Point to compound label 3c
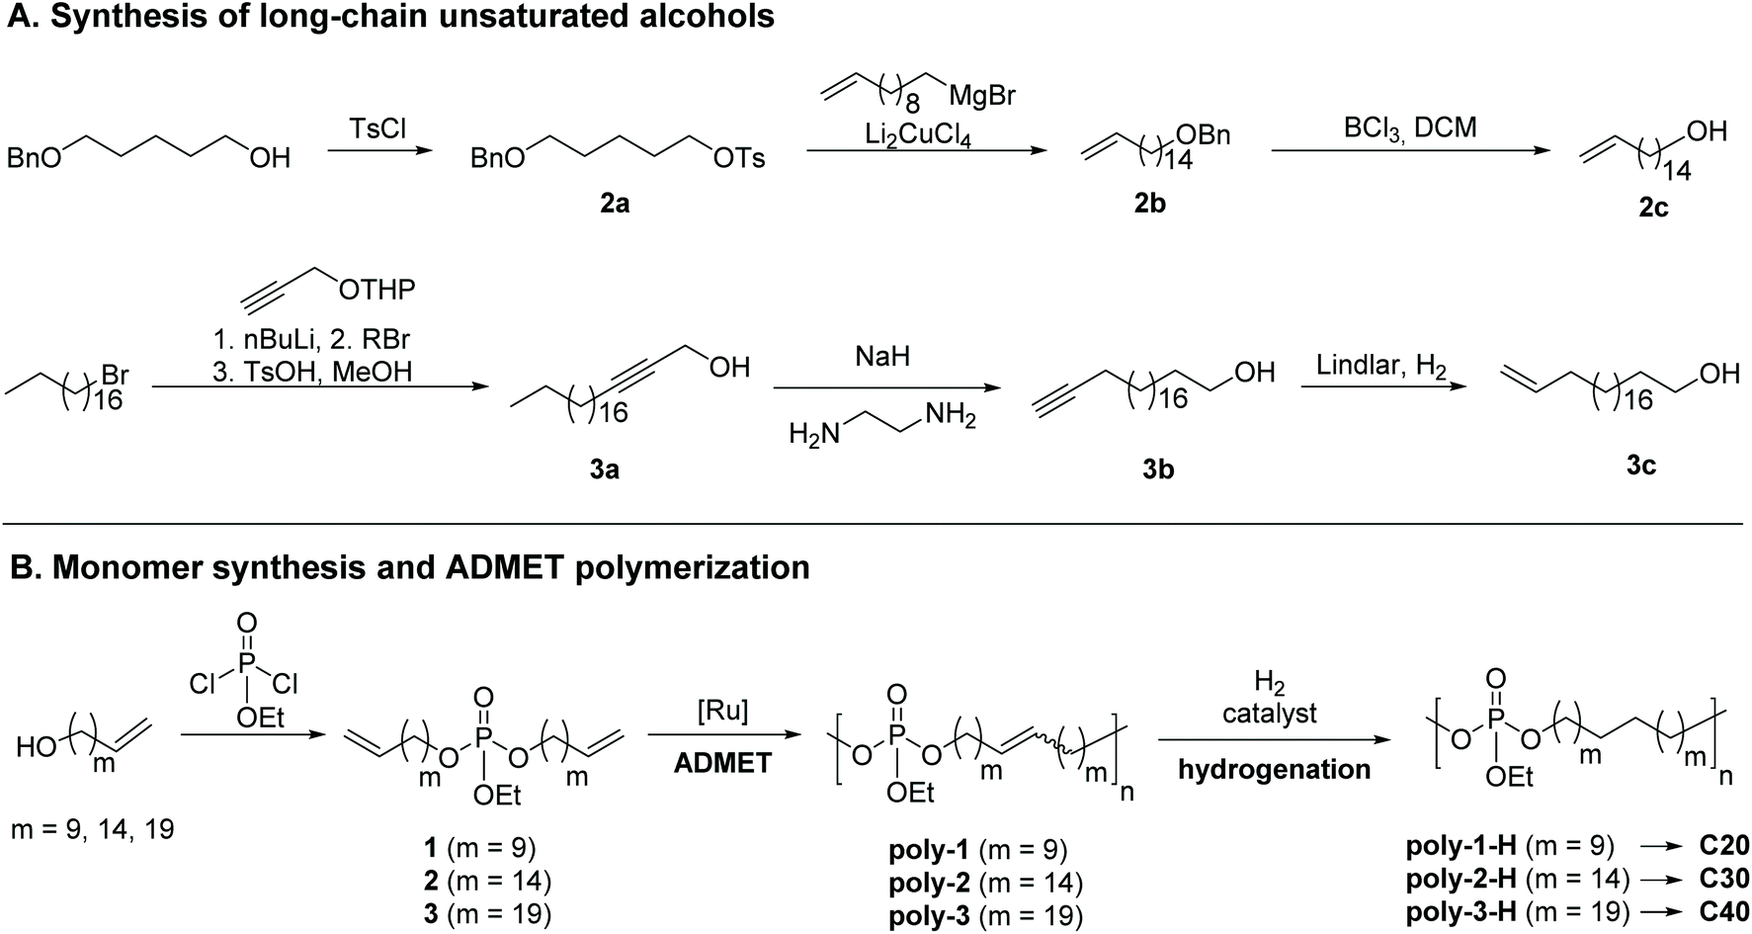tap(1640, 465)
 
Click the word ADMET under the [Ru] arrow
tap(722, 764)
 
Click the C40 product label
tap(1724, 911)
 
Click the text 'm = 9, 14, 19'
tap(93, 828)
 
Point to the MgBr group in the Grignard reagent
tap(981, 97)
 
